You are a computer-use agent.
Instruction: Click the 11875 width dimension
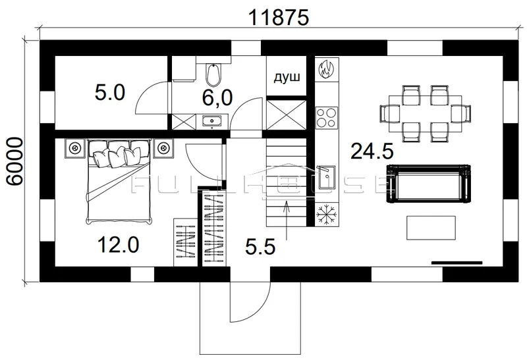click(x=278, y=18)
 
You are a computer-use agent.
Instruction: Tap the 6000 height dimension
click(x=15, y=161)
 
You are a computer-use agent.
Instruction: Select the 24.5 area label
click(x=372, y=151)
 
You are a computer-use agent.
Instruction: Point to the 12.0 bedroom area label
click(x=118, y=244)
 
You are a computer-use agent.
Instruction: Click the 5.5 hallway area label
click(x=260, y=247)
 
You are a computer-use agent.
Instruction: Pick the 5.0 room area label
click(x=110, y=93)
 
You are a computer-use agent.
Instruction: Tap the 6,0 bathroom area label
click(x=217, y=98)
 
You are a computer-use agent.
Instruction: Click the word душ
click(x=287, y=78)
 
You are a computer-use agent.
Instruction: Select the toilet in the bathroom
click(x=213, y=74)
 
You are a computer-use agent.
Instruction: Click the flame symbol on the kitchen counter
click(x=326, y=69)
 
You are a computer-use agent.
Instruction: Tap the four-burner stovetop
click(x=326, y=117)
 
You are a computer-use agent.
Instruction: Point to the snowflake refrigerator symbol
click(x=326, y=215)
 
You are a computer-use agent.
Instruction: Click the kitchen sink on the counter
click(x=325, y=178)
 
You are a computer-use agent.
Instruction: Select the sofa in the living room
click(x=430, y=184)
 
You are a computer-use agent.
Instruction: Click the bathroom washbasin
click(x=211, y=120)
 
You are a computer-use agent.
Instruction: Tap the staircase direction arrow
click(x=286, y=220)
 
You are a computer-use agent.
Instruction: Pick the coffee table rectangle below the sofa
click(x=431, y=228)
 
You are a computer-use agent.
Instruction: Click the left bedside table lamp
click(x=74, y=147)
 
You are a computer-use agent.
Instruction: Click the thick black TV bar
click(x=457, y=263)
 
